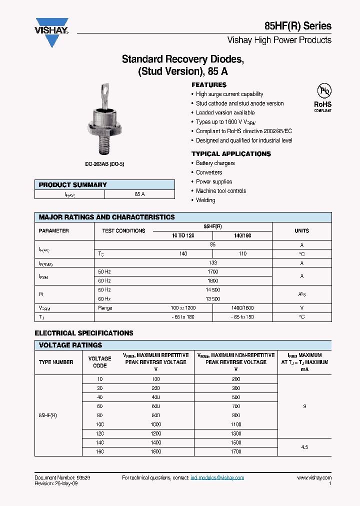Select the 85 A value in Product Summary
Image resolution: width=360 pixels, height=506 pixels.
(139, 194)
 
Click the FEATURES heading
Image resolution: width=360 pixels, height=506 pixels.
(209, 85)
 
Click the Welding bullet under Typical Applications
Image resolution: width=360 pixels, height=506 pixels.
(205, 200)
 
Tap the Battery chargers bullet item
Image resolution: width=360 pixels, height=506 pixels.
(215, 163)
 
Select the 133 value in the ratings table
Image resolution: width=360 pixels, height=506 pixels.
(212, 263)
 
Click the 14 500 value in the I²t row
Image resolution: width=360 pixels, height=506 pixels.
(212, 290)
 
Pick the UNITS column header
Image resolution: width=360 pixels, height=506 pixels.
(301, 231)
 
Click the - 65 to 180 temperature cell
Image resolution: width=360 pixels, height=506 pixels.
(183, 317)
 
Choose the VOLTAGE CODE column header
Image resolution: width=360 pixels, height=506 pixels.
(100, 362)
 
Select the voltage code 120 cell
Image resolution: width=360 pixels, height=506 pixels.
(100, 433)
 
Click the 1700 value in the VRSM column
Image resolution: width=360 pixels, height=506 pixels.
(236, 451)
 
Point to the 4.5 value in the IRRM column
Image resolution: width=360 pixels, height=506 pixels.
(304, 447)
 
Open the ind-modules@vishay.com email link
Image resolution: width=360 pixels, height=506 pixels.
(217, 478)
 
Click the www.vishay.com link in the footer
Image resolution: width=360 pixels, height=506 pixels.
(314, 478)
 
